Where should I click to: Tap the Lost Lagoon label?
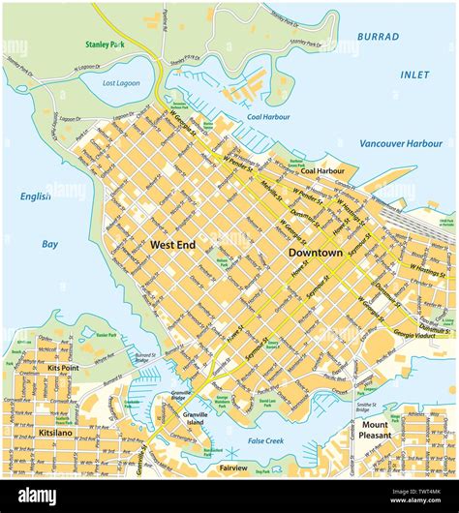[122, 84]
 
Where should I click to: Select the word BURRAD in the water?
[378, 37]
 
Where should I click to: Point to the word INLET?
[414, 75]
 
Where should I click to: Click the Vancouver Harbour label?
[400, 143]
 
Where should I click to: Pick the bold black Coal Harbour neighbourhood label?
[321, 170]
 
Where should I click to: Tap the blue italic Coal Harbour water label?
[268, 117]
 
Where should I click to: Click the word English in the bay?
[36, 196]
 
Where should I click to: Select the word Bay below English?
[49, 244]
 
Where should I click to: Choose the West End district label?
[172, 246]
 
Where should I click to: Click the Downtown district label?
[316, 253]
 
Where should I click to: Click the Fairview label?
[232, 468]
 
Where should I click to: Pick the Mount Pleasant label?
[376, 430]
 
